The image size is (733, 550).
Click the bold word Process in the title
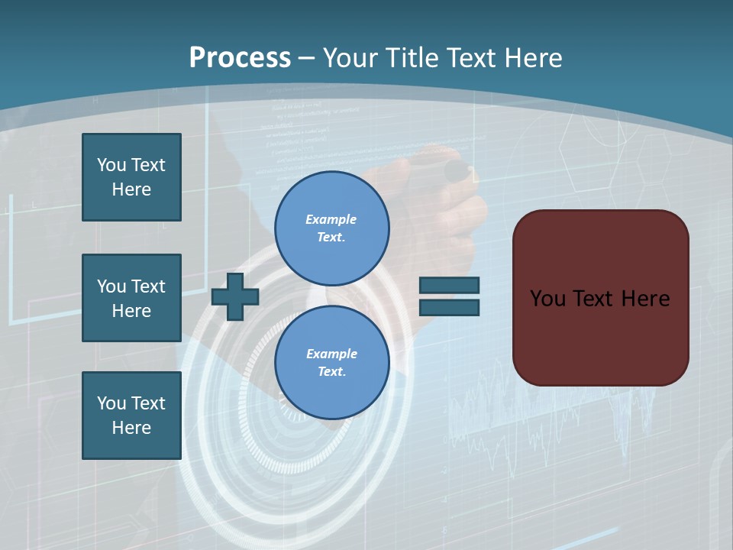(x=240, y=58)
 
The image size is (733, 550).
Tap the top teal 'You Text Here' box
(x=131, y=177)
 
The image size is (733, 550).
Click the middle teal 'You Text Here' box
(x=131, y=298)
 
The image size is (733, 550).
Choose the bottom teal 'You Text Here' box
(x=131, y=416)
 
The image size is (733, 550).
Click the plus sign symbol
(x=235, y=296)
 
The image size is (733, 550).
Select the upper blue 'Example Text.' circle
(x=331, y=228)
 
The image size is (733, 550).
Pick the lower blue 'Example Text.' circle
(x=331, y=362)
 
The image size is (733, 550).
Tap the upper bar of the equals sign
(x=449, y=286)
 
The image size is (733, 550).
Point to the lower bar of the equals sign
(x=449, y=307)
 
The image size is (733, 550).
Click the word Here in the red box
(x=645, y=299)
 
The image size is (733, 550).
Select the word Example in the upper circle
(x=331, y=219)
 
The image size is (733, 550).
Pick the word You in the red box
(x=547, y=299)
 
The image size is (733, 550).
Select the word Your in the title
(x=351, y=58)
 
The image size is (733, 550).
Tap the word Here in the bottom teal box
(x=131, y=428)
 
